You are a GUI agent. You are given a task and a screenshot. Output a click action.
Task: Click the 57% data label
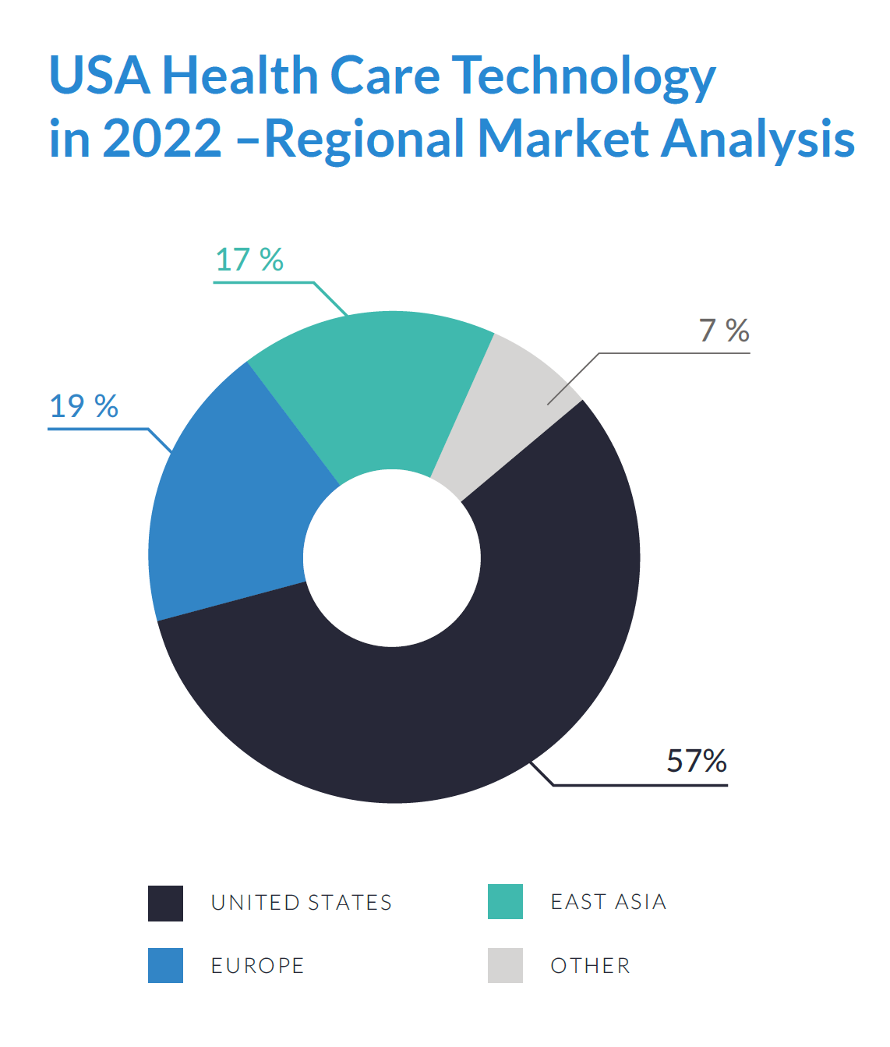pos(696,761)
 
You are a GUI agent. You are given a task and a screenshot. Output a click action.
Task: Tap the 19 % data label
pos(83,406)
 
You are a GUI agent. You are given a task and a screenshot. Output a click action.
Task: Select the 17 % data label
pos(249,260)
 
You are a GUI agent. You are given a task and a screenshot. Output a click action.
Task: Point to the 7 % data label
pos(723,331)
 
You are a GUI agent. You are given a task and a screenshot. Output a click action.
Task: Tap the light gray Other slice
pos(507,413)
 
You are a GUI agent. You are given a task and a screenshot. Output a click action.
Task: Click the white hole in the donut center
pos(392,558)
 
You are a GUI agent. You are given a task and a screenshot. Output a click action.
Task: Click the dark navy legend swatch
pos(165,903)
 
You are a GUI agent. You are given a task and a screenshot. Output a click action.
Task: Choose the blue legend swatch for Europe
pos(165,965)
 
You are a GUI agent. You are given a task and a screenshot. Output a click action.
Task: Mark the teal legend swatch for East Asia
pos(505,902)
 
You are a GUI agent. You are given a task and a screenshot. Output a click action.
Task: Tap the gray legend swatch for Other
pos(505,965)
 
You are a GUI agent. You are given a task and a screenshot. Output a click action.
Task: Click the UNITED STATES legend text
pos(302,903)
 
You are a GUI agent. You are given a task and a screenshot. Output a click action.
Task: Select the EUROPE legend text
pos(257,966)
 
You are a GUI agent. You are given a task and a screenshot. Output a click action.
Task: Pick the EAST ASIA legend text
pos(609,902)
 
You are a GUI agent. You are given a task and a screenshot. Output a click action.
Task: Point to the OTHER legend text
pos(590,966)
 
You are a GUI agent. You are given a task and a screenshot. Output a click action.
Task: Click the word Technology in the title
pos(584,76)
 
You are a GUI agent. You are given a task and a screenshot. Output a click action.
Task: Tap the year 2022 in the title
pos(162,139)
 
